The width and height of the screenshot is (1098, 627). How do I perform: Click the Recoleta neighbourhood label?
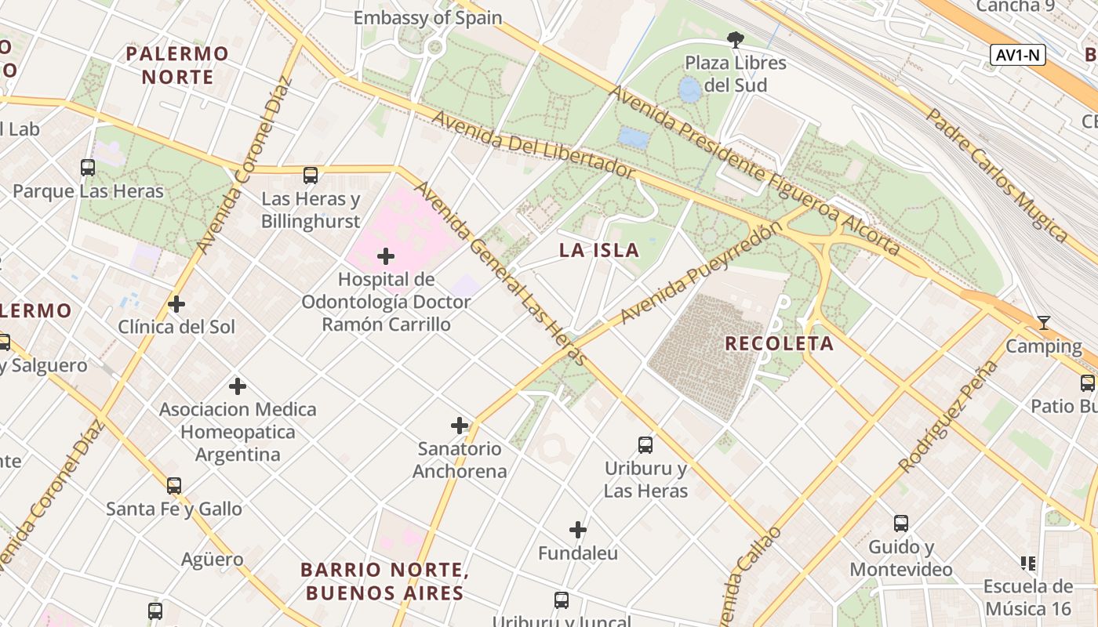pyautogui.click(x=779, y=343)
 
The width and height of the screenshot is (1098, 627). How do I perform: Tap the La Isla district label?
pyautogui.click(x=598, y=251)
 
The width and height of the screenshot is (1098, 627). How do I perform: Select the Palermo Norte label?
pyautogui.click(x=177, y=65)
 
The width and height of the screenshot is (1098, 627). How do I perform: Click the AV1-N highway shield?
pyautogui.click(x=1018, y=55)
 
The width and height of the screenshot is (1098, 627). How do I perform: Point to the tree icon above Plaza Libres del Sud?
pyautogui.click(x=735, y=39)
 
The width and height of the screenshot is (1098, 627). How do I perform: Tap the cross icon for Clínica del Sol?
pyautogui.click(x=176, y=303)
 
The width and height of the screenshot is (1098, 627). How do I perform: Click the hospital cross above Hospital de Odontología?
pyautogui.click(x=385, y=256)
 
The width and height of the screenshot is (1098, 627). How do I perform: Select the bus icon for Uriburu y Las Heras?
pyautogui.click(x=645, y=445)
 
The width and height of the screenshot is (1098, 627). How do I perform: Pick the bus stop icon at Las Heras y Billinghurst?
pyautogui.click(x=311, y=176)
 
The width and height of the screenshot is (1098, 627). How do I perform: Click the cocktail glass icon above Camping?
pyautogui.click(x=1043, y=322)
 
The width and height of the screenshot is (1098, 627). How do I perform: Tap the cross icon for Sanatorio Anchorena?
pyautogui.click(x=460, y=426)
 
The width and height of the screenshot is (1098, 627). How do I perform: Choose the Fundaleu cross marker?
pyautogui.click(x=578, y=530)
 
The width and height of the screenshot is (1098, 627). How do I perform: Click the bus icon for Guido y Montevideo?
pyautogui.click(x=901, y=523)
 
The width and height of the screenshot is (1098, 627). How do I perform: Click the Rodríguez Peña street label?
pyautogui.click(x=949, y=416)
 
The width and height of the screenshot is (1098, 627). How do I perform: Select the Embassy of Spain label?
pyautogui.click(x=427, y=17)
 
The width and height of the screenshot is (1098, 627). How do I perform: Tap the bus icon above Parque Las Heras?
pyautogui.click(x=88, y=167)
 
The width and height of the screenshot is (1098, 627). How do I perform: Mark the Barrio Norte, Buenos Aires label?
pyautogui.click(x=384, y=581)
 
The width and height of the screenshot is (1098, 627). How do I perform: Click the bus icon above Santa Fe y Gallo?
pyautogui.click(x=174, y=485)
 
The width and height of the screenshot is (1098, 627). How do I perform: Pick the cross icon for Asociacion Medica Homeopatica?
pyautogui.click(x=238, y=386)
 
